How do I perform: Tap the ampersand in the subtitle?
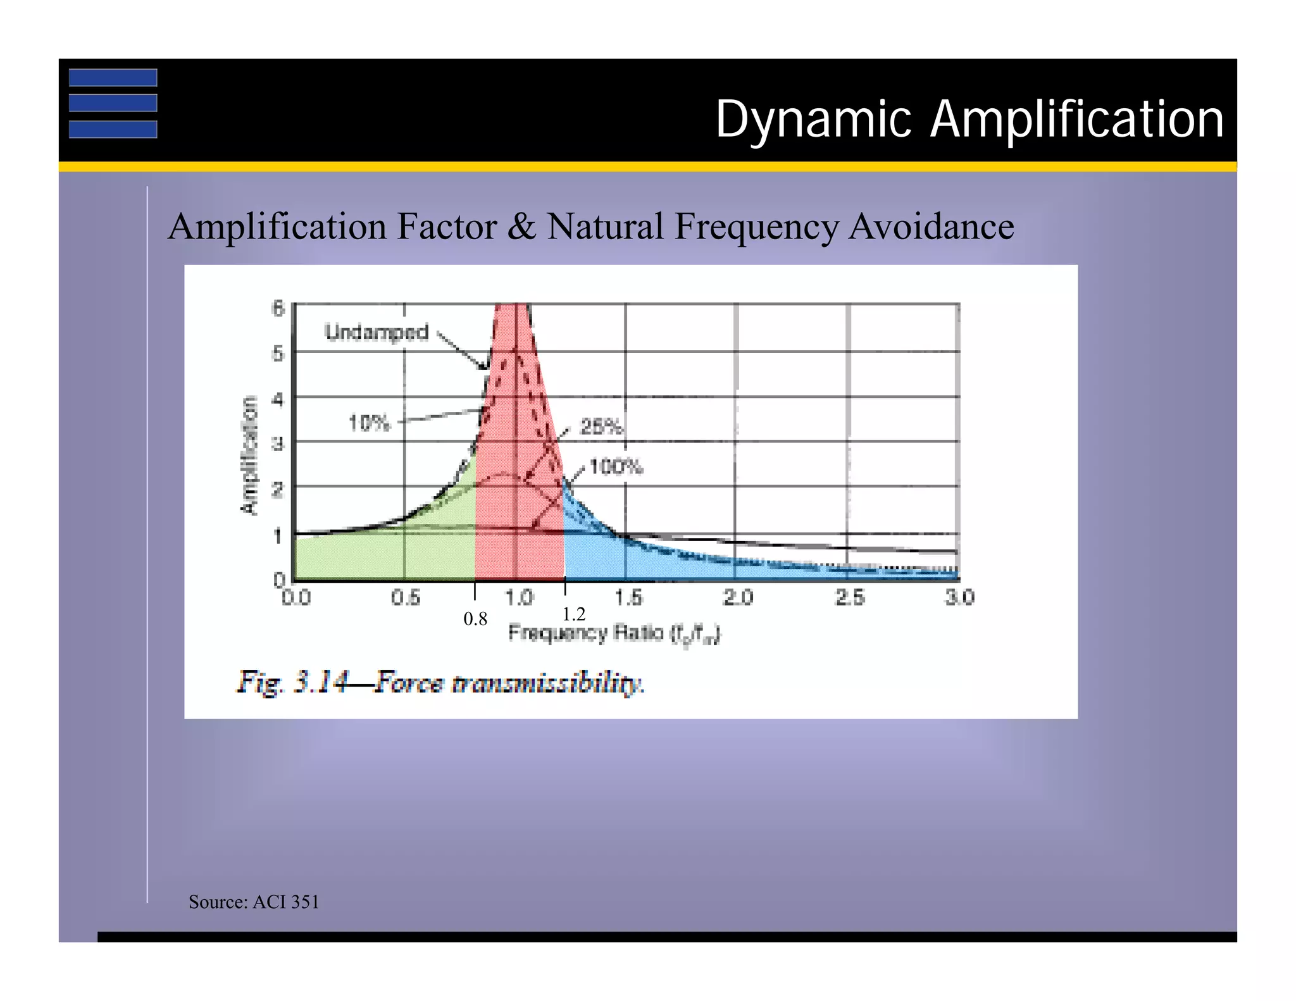coord(521,227)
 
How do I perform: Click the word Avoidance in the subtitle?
coord(931,227)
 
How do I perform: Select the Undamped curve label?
coord(377,332)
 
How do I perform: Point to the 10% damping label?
coord(370,423)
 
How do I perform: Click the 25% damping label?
coord(602,427)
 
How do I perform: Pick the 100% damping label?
coord(616,468)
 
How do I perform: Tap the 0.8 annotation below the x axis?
coord(475,619)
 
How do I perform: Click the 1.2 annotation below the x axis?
coord(574,614)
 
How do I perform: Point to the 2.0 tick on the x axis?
coord(738,597)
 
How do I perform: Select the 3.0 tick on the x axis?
coord(959,597)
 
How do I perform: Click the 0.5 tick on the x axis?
coord(405,597)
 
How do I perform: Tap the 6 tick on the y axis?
coord(278,308)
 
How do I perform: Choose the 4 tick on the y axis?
coord(278,400)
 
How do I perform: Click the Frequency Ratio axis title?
coord(614,633)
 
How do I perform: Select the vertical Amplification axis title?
coord(250,455)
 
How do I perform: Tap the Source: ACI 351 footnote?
coord(254,902)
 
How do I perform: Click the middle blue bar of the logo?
coord(113,103)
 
